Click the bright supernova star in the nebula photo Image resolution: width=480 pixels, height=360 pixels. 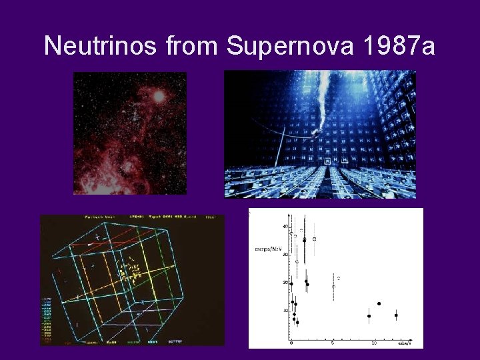point(159,96)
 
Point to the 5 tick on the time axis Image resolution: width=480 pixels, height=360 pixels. point(333,343)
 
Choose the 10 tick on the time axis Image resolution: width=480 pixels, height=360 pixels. point(374,343)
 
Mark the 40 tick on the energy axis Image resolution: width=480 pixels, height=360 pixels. point(285,227)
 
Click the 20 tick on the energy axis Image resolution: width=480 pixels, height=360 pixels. point(285,283)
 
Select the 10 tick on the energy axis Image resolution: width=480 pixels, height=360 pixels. point(285,311)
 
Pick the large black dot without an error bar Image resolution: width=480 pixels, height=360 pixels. point(379,303)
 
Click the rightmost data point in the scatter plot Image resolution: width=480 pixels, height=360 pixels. point(396,315)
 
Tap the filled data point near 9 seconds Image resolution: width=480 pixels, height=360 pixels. point(369,316)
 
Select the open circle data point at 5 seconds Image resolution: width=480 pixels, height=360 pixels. point(333,287)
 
